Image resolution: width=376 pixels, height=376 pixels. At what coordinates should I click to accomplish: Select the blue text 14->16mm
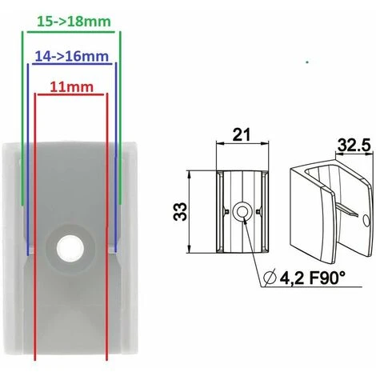(x=71, y=57)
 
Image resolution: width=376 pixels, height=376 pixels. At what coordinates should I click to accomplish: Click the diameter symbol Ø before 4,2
(x=270, y=278)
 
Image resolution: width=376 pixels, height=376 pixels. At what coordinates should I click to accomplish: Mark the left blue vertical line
(x=29, y=160)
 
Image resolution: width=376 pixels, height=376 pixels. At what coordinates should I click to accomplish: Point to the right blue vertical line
(x=115, y=160)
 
